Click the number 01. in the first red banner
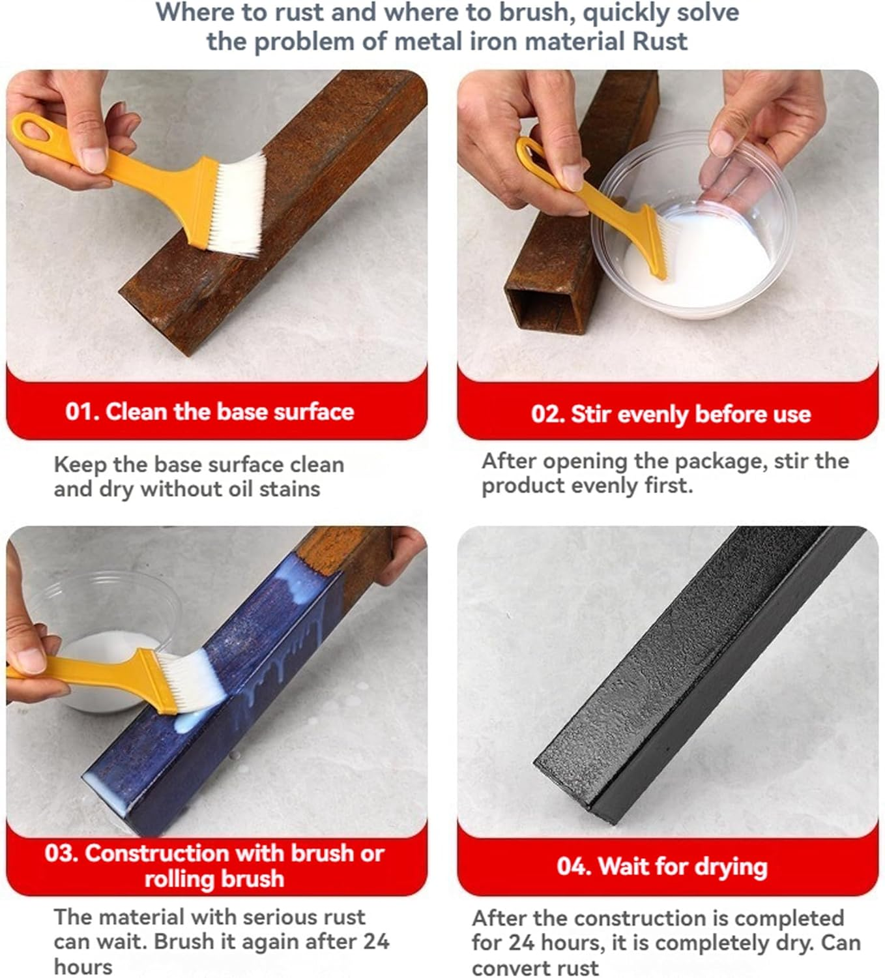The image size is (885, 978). pyautogui.click(x=82, y=411)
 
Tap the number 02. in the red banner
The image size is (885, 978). pyautogui.click(x=548, y=414)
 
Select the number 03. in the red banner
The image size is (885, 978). pyautogui.click(x=61, y=853)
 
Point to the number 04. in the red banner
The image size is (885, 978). pyautogui.click(x=574, y=867)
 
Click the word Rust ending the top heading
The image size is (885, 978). pyautogui.click(x=660, y=41)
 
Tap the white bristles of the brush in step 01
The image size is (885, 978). pyautogui.click(x=239, y=204)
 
